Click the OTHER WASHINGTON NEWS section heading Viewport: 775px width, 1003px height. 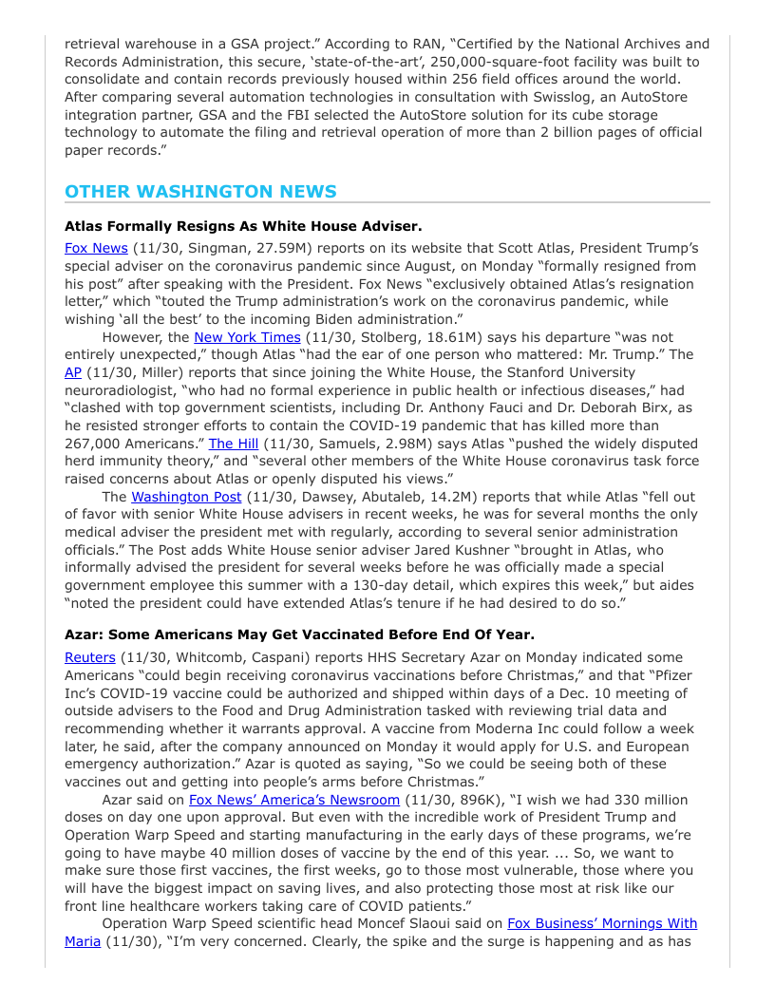[200, 192]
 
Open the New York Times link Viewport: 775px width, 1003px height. [247, 337]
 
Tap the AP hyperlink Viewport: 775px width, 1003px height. [73, 372]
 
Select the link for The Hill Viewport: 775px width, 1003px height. [234, 444]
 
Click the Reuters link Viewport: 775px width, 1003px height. [90, 657]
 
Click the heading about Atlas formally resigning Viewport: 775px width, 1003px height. [243, 226]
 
